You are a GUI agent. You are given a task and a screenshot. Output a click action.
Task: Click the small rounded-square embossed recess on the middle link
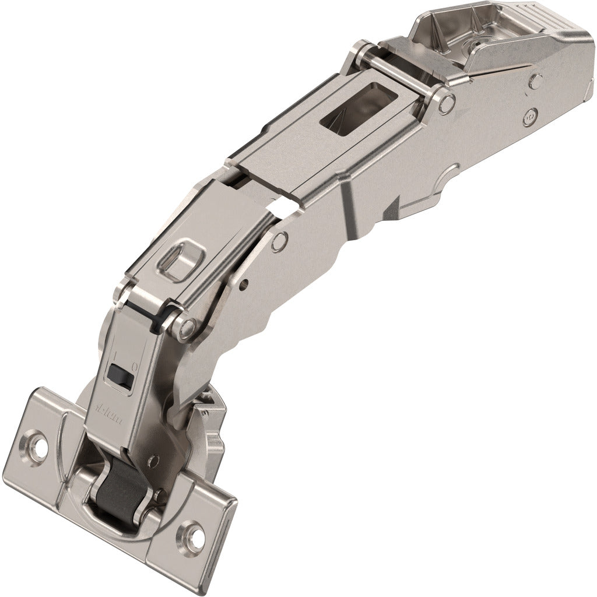pos(178,255)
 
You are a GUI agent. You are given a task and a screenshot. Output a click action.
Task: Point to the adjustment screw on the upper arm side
pos(529,115)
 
